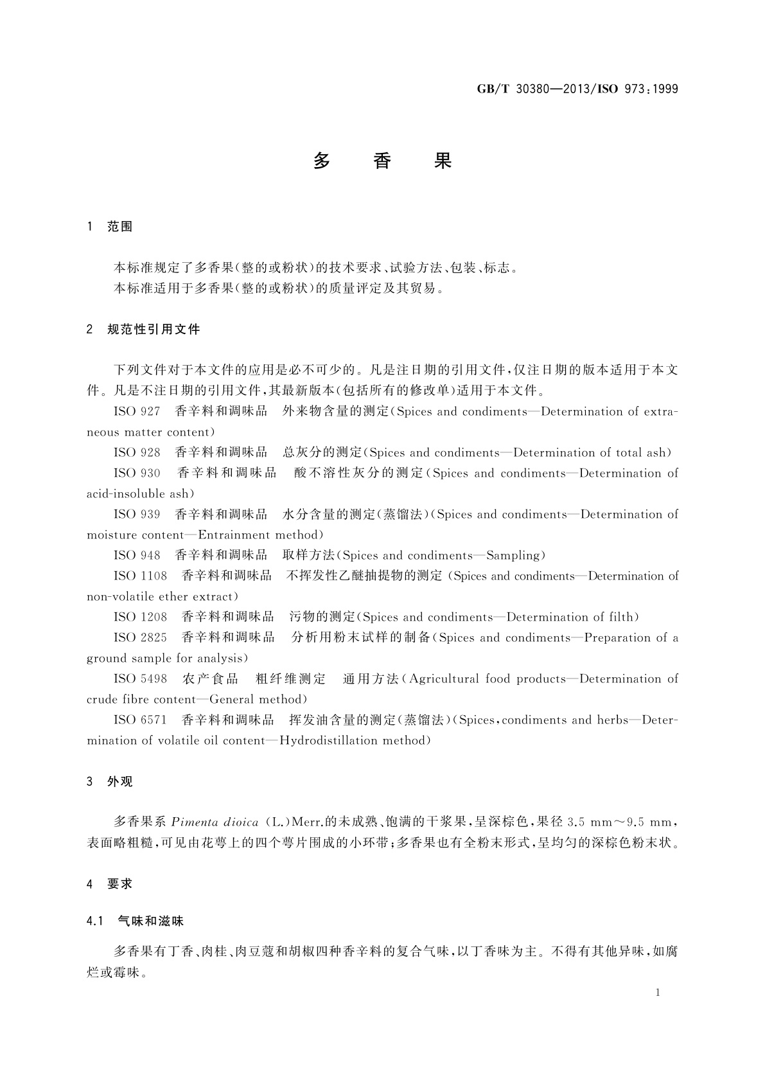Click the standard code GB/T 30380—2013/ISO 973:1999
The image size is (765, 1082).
[577, 89]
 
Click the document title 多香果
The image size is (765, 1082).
[382, 161]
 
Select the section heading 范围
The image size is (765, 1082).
[120, 227]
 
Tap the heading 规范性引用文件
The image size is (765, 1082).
[154, 330]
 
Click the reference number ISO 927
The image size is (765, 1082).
[137, 412]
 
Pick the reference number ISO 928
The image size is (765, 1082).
[137, 453]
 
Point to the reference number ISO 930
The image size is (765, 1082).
[137, 474]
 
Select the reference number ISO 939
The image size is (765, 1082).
[137, 515]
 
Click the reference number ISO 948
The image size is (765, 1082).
[137, 556]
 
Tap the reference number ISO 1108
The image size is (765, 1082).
[140, 576]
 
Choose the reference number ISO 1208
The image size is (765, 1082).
[140, 617]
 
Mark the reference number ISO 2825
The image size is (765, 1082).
[140, 638]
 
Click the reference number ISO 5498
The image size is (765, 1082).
[140, 679]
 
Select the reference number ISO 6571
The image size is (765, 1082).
[140, 720]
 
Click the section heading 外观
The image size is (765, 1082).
[120, 782]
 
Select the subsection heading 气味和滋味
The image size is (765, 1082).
[151, 921]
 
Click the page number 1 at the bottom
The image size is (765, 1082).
[658, 993]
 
